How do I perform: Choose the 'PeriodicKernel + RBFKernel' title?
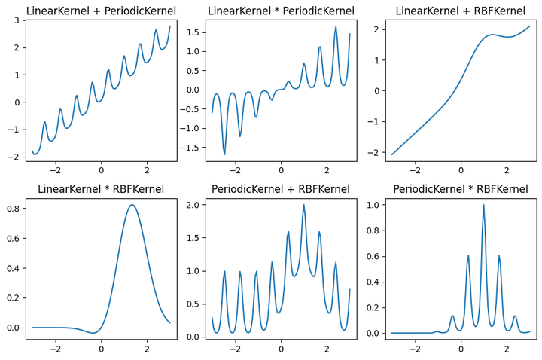(x=281, y=189)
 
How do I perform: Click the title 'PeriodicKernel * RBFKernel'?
(x=461, y=189)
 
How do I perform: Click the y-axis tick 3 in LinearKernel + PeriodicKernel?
(x=17, y=20)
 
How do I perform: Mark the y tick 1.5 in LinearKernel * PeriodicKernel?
(x=191, y=32)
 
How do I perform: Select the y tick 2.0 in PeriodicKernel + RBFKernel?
(x=191, y=205)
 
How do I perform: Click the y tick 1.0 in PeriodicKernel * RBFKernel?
(x=371, y=205)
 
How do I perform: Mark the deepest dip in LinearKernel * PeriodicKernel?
(x=224, y=154)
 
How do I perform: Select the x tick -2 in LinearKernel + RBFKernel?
(x=415, y=171)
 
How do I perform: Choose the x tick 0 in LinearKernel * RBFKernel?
(x=101, y=349)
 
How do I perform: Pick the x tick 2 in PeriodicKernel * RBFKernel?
(x=507, y=349)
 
